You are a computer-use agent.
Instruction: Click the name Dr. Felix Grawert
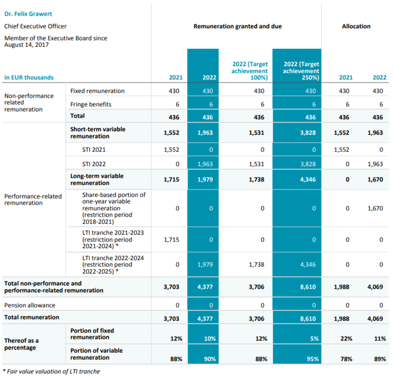coord(28,14)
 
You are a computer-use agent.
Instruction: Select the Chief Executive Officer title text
coord(35,26)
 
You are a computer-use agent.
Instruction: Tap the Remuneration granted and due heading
coord(237,26)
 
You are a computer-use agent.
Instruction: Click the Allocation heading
coord(356,26)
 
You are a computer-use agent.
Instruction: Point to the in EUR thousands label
coord(29,77)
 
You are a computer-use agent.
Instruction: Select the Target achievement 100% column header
coord(250,71)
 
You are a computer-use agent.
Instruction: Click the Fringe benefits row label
coord(91,104)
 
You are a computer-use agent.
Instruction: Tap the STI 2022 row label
coord(94,164)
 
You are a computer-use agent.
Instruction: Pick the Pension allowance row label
coord(30,305)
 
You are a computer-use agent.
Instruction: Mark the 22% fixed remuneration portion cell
coord(344,339)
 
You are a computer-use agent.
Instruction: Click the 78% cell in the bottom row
coord(344,359)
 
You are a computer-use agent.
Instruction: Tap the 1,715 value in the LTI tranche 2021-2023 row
coord(171,240)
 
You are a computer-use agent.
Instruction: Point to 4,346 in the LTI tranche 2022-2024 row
coord(308,264)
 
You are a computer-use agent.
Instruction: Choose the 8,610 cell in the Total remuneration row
coord(308,318)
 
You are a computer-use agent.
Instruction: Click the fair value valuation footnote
coord(51,371)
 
